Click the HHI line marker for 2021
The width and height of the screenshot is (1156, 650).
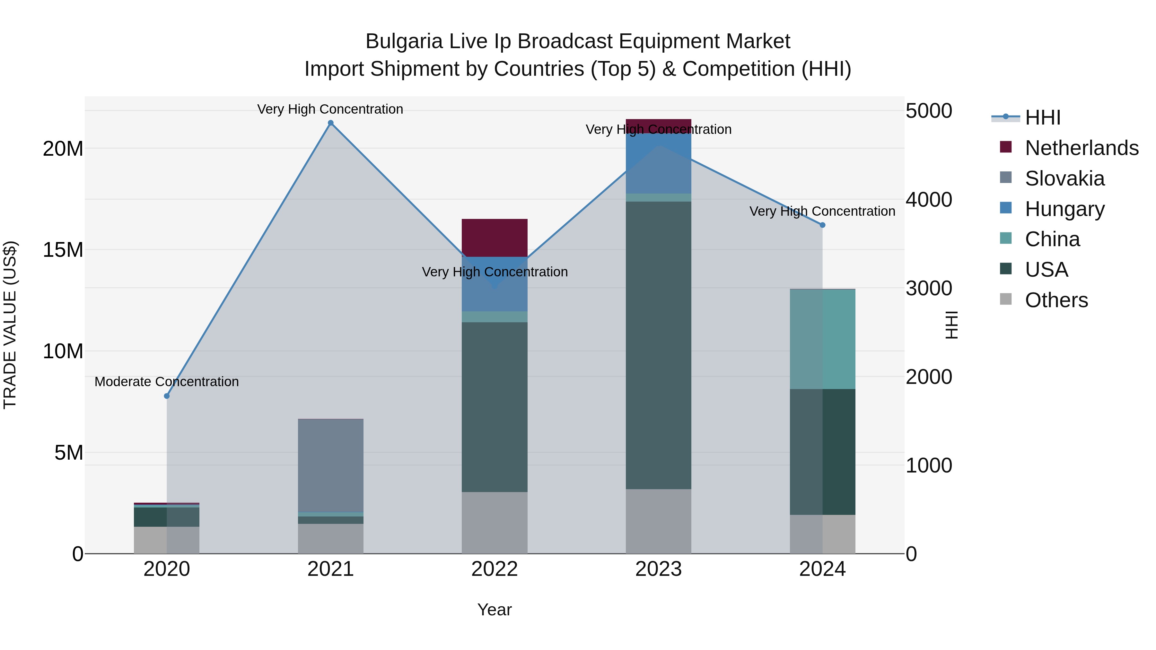tap(331, 123)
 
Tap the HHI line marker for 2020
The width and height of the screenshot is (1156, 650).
tap(167, 396)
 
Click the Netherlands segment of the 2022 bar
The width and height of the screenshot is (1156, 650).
tap(495, 238)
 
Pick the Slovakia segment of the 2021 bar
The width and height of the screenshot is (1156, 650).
tap(331, 465)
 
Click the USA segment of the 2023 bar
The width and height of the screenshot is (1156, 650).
tap(658, 345)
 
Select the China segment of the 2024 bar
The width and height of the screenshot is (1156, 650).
tap(822, 339)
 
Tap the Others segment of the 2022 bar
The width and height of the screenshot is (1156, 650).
tap(495, 523)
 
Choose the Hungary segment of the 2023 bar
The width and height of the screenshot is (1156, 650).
tap(658, 164)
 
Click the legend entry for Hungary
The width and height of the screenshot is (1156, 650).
tap(1064, 209)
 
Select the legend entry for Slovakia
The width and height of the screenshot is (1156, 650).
tap(1064, 178)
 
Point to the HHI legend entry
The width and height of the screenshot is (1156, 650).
tap(1042, 117)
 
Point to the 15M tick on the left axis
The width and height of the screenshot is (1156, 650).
tap(63, 250)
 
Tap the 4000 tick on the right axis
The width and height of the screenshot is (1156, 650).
tap(928, 200)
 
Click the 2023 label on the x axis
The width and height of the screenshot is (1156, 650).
tap(658, 569)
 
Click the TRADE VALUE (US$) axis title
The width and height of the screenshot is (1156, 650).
tap(10, 325)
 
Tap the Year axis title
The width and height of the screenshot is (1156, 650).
tap(495, 610)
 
